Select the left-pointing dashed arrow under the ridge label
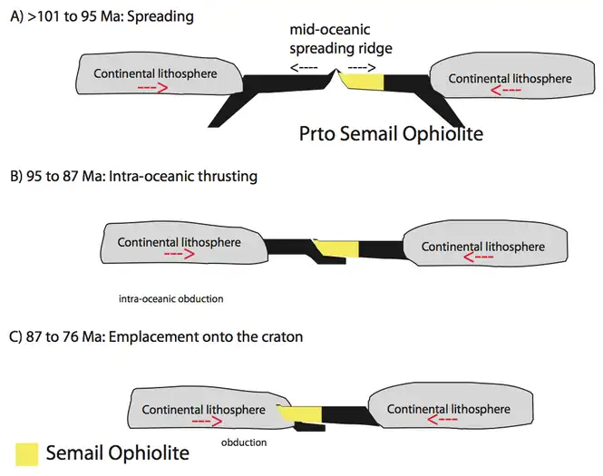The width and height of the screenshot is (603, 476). click(x=306, y=67)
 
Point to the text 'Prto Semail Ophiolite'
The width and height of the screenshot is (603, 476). click(x=391, y=134)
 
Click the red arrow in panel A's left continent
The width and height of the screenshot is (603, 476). click(x=151, y=89)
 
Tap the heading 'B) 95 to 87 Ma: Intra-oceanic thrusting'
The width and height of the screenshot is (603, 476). click(x=132, y=176)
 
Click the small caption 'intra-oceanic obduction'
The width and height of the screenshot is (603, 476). click(x=170, y=298)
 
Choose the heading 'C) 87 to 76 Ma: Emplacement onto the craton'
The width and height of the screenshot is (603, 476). click(x=155, y=336)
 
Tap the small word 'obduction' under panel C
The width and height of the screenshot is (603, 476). click(x=244, y=442)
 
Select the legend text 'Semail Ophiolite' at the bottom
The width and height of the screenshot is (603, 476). click(x=117, y=452)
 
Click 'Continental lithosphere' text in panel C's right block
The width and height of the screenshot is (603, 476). click(x=448, y=409)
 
